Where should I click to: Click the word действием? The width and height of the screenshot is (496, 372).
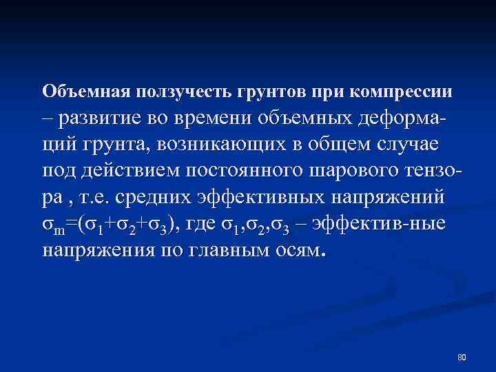pos(132,171)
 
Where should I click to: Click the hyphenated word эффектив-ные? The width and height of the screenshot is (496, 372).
pos(389,224)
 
